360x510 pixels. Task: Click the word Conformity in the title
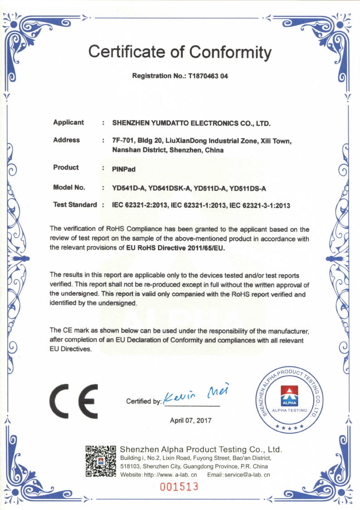click(x=230, y=52)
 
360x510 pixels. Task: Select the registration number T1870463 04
click(x=208, y=76)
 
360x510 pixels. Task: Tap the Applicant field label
click(x=69, y=123)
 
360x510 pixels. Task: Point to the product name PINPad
click(x=123, y=168)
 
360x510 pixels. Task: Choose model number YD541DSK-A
click(x=171, y=188)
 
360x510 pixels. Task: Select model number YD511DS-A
click(x=248, y=188)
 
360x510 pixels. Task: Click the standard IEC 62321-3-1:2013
click(x=260, y=205)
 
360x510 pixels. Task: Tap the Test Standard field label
click(x=75, y=205)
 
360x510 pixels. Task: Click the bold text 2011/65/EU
click(x=207, y=248)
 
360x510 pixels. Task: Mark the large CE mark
click(x=74, y=401)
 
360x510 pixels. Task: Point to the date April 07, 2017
click(x=191, y=421)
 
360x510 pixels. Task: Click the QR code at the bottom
click(x=101, y=461)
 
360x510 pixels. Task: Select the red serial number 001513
click(x=179, y=487)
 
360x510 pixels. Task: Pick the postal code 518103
click(x=129, y=466)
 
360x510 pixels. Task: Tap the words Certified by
click(x=143, y=401)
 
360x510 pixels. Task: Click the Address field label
click(x=66, y=140)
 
